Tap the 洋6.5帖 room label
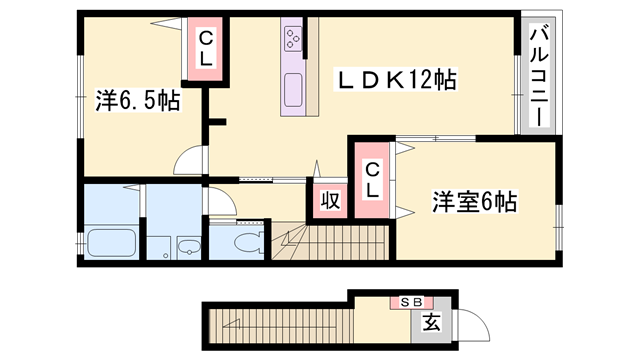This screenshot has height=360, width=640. point(137,100)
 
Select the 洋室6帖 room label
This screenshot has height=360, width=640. point(474,201)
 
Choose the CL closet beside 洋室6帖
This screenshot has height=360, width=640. point(371,181)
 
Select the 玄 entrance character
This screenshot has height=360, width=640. point(431,323)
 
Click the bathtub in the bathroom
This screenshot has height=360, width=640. point(111,243)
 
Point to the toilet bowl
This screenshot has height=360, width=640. point(245,242)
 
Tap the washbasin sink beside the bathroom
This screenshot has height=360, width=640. point(186,246)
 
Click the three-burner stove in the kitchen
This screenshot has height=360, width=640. point(295,40)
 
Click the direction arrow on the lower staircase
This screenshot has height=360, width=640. point(232,323)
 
